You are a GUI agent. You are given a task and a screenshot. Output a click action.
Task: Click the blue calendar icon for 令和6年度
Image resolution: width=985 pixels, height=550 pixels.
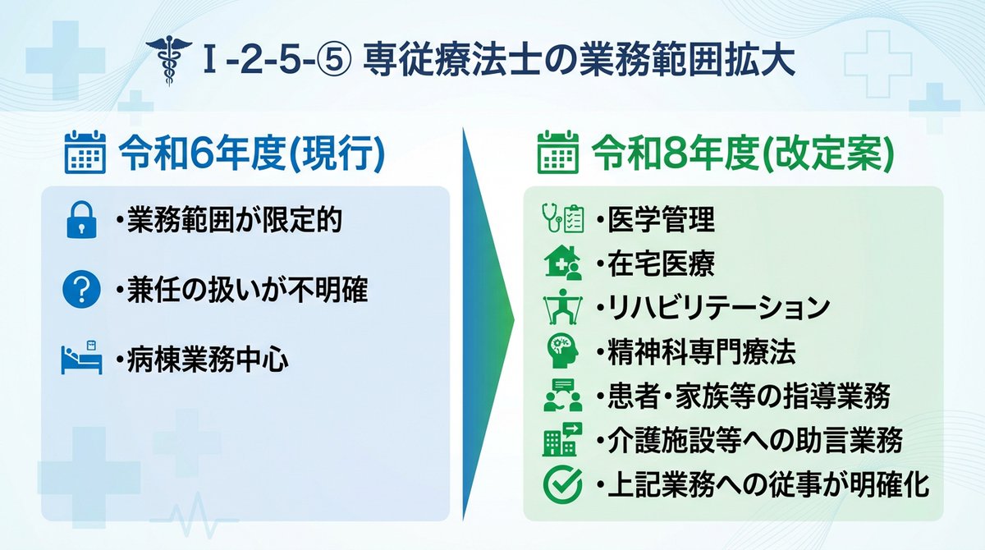coord(85,153)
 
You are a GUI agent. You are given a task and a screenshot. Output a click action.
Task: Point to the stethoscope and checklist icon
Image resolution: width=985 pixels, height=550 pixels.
coord(563,219)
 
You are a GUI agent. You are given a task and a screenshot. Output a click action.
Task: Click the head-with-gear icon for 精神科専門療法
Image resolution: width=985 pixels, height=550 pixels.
coord(563,351)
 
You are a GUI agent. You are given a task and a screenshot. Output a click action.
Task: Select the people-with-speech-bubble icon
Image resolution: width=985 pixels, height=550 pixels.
coord(563,396)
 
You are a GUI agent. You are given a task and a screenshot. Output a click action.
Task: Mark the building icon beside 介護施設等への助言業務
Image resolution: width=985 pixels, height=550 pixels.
coord(563,441)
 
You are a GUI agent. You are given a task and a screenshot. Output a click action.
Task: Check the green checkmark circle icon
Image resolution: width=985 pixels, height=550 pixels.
coord(563,484)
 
